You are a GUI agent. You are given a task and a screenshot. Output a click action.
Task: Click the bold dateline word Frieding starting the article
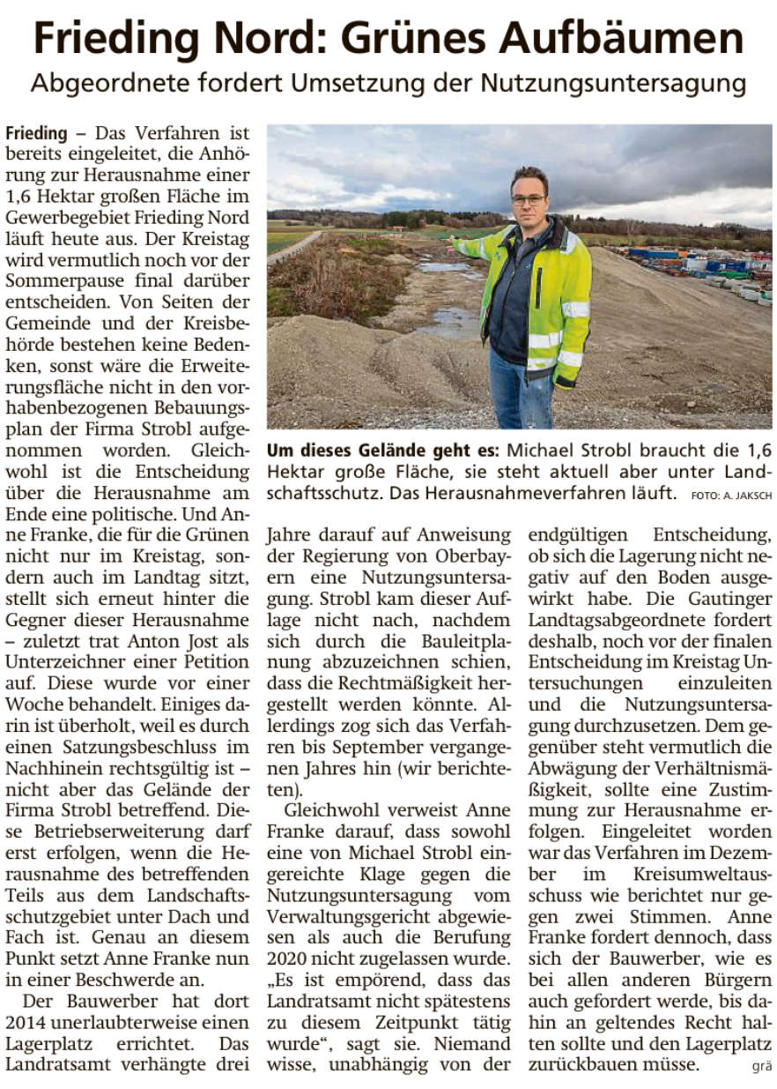pos(35,134)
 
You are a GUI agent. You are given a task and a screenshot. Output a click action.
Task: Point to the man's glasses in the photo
pos(529,199)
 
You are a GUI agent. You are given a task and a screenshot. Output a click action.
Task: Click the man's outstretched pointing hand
pos(457,244)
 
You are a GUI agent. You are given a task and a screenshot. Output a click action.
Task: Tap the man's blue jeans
pos(522,388)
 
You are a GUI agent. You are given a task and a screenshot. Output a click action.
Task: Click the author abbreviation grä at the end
pos(760,1067)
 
